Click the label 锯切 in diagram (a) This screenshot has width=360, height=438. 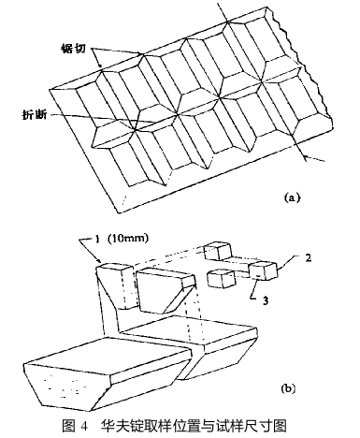(x=73, y=49)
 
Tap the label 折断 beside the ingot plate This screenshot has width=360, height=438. (x=35, y=115)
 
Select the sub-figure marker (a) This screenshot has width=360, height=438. (x=292, y=197)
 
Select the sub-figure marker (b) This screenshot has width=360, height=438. (x=288, y=388)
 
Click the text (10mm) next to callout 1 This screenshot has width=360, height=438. (x=128, y=239)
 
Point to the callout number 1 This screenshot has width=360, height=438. (x=97, y=239)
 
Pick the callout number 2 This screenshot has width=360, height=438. (x=308, y=257)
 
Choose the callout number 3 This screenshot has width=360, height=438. (x=266, y=301)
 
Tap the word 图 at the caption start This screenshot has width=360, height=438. (x=68, y=426)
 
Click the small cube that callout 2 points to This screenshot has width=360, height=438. (x=263, y=270)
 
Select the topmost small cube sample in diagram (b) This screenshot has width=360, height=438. (x=218, y=251)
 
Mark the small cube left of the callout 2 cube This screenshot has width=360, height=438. (x=222, y=279)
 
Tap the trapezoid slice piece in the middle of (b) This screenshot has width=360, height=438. (x=166, y=290)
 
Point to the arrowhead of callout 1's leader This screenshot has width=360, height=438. (x=99, y=261)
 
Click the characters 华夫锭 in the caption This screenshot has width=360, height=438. (x=121, y=426)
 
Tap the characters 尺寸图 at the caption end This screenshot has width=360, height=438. (x=266, y=426)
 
